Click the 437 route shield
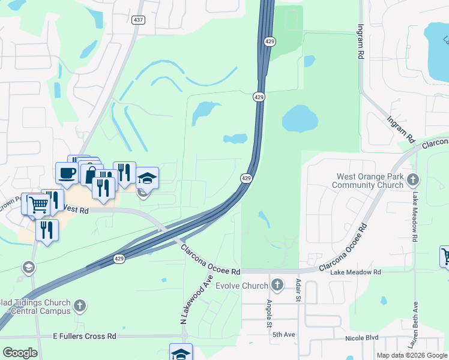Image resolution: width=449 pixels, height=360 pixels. click(x=139, y=20)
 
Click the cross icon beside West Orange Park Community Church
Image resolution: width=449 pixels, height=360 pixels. click(x=412, y=180)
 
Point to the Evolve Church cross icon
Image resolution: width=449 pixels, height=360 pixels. click(x=277, y=284)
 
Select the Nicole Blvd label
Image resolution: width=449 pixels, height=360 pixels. click(x=361, y=338)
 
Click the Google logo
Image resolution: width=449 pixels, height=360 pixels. click(x=20, y=353)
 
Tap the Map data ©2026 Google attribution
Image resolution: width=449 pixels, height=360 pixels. click(x=412, y=355)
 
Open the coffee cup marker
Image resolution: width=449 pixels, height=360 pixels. click(x=67, y=172)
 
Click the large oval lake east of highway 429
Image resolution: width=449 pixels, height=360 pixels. click(x=300, y=119)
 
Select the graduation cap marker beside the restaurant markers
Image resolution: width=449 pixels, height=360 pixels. click(x=147, y=178)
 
